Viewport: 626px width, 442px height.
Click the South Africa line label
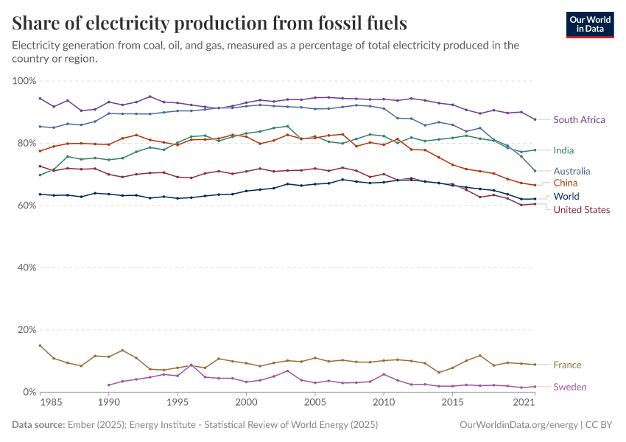(579, 119)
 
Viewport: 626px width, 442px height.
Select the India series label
(563, 150)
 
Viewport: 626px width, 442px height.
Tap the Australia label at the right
(572, 171)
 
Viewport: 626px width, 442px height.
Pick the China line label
(566, 183)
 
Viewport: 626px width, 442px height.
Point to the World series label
(566, 197)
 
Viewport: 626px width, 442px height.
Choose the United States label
(582, 210)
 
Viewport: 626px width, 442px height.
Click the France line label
(567, 365)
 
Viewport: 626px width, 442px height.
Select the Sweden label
(570, 387)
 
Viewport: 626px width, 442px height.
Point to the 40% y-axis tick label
(26, 267)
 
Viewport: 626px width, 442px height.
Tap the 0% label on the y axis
(29, 392)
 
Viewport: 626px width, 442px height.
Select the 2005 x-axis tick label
(314, 403)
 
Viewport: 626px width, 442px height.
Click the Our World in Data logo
(591, 24)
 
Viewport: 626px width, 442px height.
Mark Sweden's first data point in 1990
(109, 385)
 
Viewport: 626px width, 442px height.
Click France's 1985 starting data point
(41, 345)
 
